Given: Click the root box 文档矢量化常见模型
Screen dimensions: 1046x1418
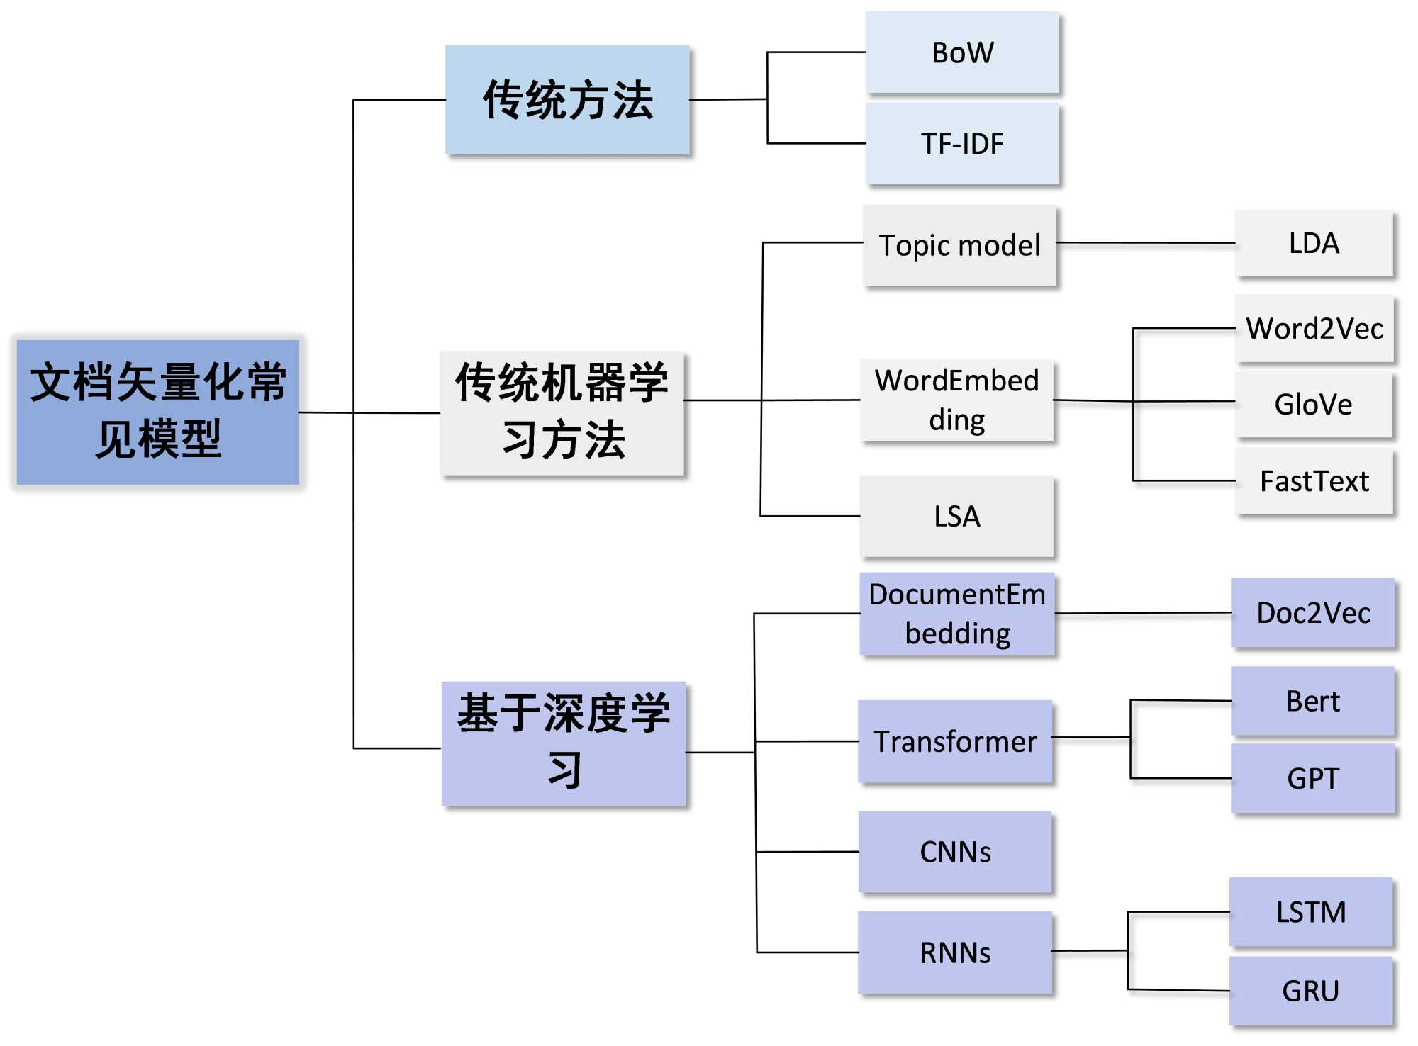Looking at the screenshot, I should [x=157, y=412].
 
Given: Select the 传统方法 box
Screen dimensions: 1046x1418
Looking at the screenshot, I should [x=567, y=100].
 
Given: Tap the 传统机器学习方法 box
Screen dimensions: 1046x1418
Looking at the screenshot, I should [x=562, y=412].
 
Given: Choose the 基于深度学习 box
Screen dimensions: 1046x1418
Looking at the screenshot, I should [x=564, y=743].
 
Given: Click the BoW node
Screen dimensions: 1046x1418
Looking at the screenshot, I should [x=962, y=52].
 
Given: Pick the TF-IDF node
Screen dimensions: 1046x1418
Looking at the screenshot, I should [x=962, y=144].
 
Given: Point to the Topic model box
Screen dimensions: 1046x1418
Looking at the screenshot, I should [x=959, y=245].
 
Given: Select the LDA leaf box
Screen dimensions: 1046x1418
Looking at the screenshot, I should [x=1314, y=243].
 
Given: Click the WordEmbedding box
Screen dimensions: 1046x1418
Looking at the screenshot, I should [x=956, y=400].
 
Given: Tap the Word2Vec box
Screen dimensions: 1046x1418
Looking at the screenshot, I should [x=1314, y=329].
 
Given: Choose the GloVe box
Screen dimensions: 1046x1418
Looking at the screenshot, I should [x=1314, y=405].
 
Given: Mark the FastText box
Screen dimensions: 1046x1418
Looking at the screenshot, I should [x=1314, y=481].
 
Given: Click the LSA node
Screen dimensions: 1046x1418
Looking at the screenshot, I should [x=956, y=516].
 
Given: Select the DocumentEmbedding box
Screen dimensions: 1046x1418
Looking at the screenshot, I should [x=957, y=614].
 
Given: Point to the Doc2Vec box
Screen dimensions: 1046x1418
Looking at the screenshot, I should [x=1313, y=613].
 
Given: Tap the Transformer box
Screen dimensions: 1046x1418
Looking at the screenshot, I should [x=955, y=741].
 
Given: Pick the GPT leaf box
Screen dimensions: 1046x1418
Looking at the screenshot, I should [x=1313, y=778].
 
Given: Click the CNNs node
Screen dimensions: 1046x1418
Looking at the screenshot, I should [x=955, y=852].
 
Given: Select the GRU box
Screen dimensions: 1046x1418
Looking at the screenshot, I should [x=1311, y=991].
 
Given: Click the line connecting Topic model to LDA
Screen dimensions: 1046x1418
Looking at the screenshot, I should [x=1145, y=243].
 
